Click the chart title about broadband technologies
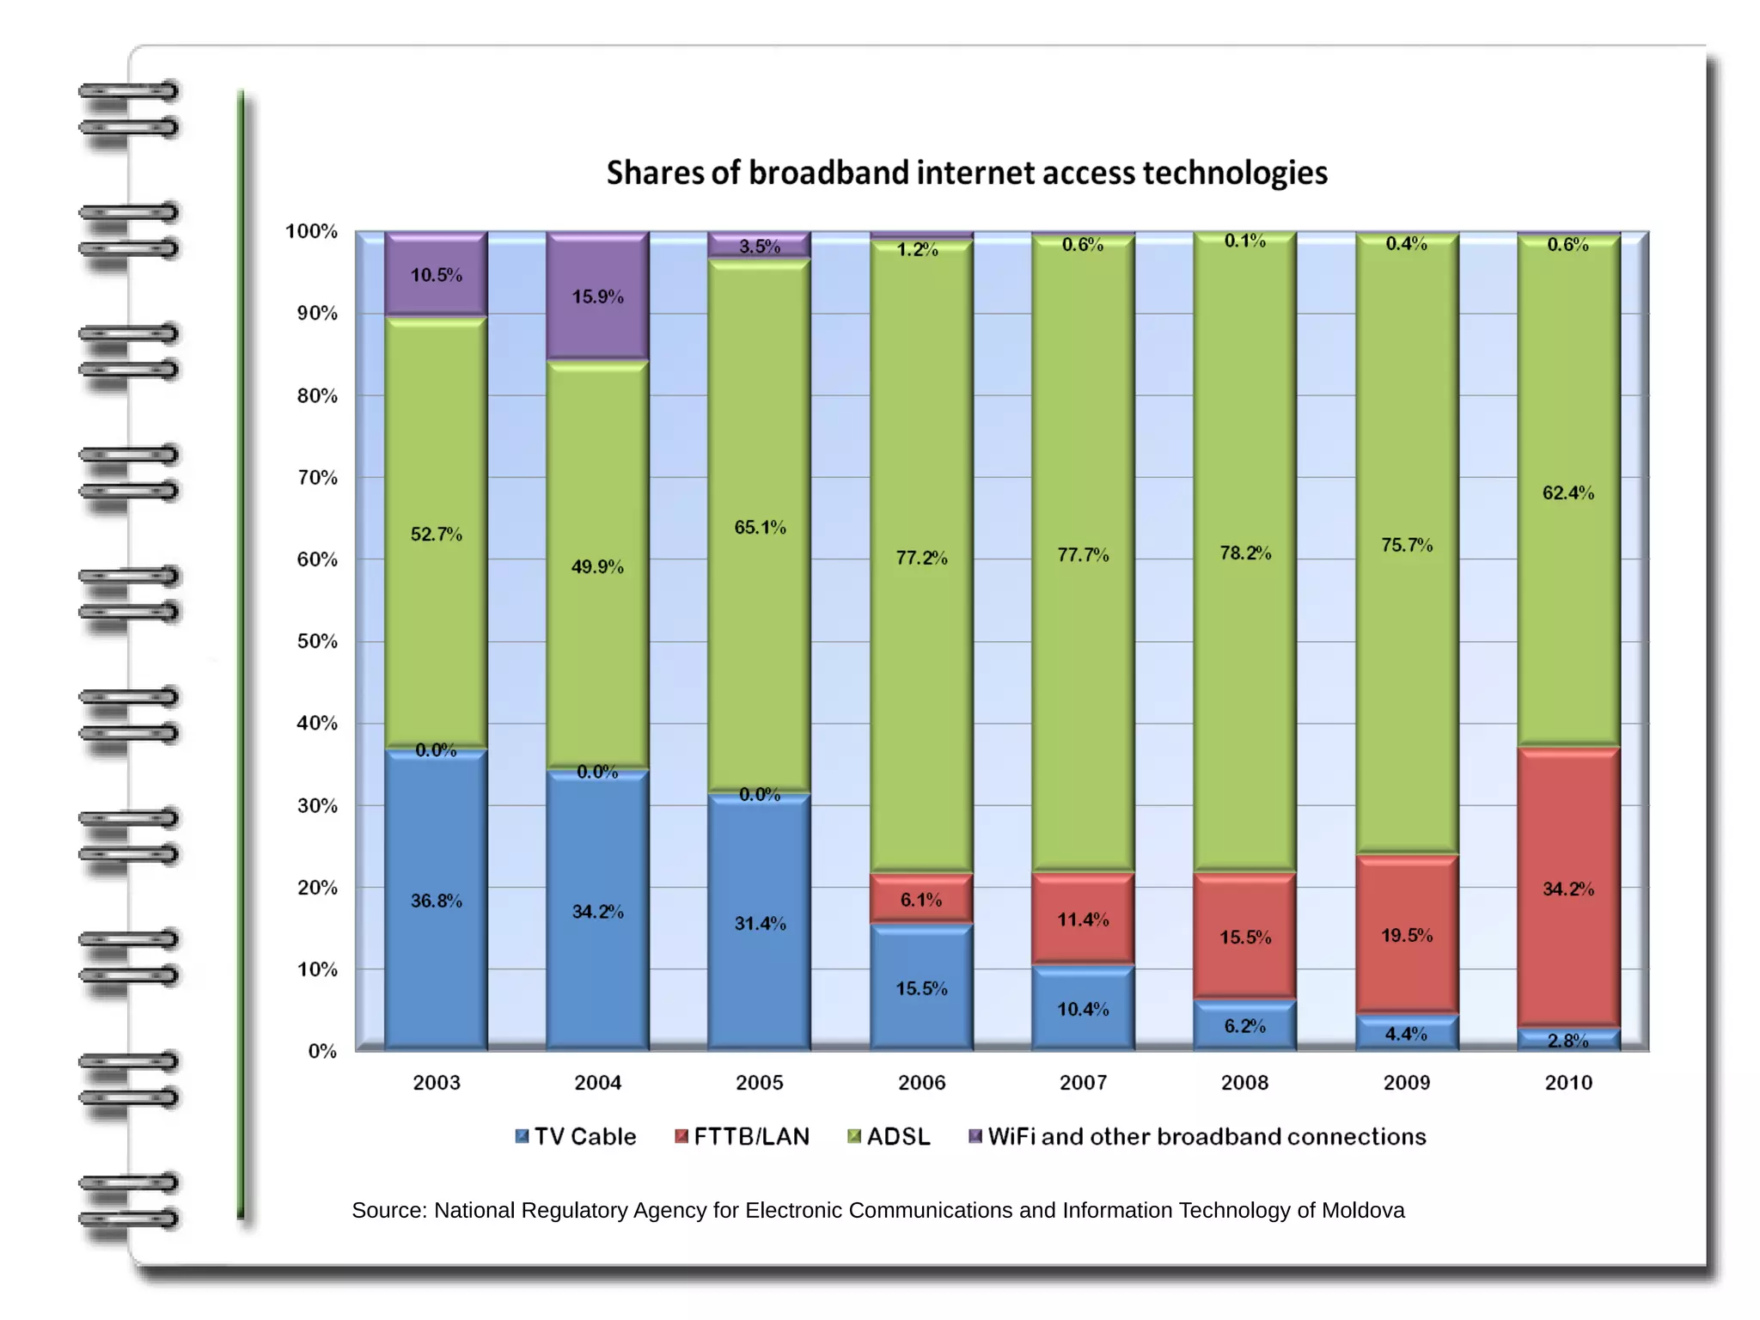pos(967,173)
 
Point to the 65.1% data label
pos(760,527)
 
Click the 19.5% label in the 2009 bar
pos(1407,935)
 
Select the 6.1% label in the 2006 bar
pos(921,900)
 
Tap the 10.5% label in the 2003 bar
pos(436,275)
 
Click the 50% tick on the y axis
pos(317,641)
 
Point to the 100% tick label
pos(311,231)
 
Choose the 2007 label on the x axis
pos(1083,1083)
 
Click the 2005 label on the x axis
pos(760,1083)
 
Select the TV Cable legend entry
pos(576,1137)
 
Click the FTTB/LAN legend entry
pos(742,1137)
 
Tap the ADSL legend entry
pos(889,1137)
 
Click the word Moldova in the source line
pos(1363,1210)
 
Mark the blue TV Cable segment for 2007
pos(1083,1010)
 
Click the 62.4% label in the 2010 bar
pos(1568,492)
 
